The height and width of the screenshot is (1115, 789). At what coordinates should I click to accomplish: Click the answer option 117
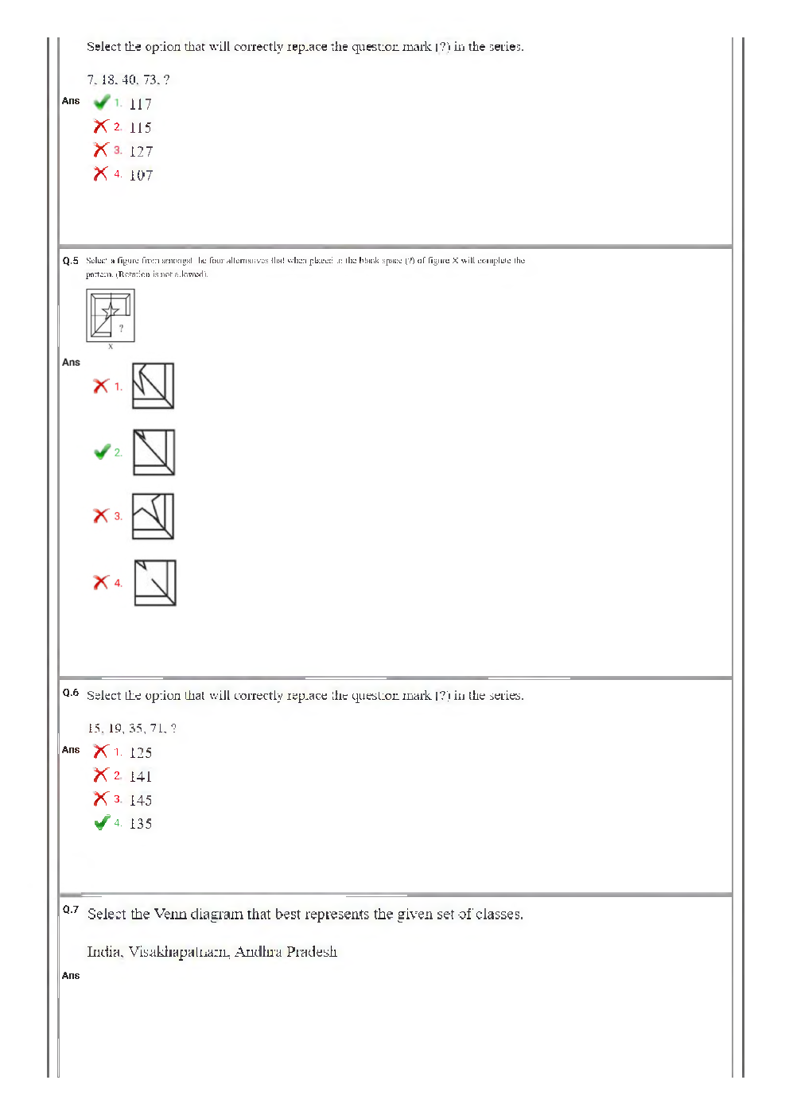pyautogui.click(x=140, y=104)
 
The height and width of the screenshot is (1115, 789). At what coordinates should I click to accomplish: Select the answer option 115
pyautogui.click(x=140, y=128)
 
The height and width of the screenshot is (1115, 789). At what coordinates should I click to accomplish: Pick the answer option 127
pyautogui.click(x=141, y=152)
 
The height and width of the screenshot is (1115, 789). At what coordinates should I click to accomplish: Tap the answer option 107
pyautogui.click(x=141, y=176)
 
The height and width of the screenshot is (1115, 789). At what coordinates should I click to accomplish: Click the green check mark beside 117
pyautogui.click(x=102, y=103)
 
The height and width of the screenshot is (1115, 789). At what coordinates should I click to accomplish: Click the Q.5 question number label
pyautogui.click(x=71, y=261)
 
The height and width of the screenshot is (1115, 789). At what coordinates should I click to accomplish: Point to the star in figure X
pyautogui.click(x=111, y=310)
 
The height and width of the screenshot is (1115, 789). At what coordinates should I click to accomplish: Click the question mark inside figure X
pyautogui.click(x=121, y=328)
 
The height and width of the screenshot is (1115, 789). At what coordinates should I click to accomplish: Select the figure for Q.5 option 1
pyautogui.click(x=153, y=386)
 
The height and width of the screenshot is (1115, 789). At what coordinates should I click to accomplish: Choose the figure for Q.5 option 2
pyautogui.click(x=154, y=452)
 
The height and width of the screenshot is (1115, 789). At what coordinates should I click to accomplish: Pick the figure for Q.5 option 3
pyautogui.click(x=153, y=516)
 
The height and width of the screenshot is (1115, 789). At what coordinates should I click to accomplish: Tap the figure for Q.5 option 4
pyautogui.click(x=154, y=582)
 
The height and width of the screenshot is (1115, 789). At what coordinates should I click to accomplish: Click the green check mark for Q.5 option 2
pyautogui.click(x=102, y=452)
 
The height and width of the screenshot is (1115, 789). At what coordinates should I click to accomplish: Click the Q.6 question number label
pyautogui.click(x=71, y=693)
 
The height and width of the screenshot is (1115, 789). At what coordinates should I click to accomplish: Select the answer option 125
pyautogui.click(x=140, y=753)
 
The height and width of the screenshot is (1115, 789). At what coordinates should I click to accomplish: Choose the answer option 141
pyautogui.click(x=140, y=777)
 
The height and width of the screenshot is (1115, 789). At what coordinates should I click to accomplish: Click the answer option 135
pyautogui.click(x=140, y=824)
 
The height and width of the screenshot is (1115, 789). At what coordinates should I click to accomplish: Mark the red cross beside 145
pyautogui.click(x=101, y=798)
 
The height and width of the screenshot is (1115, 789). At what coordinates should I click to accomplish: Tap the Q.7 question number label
pyautogui.click(x=71, y=910)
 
